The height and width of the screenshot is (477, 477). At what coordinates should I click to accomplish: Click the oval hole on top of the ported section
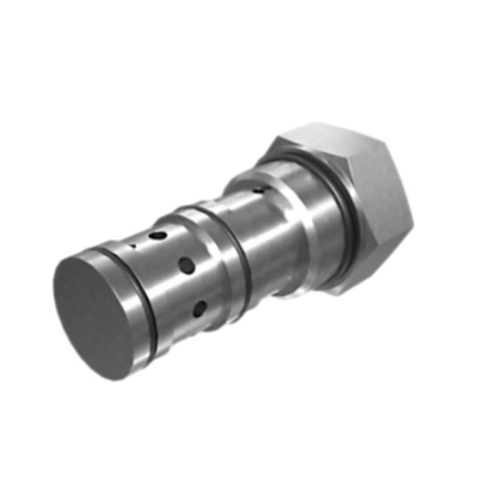157,236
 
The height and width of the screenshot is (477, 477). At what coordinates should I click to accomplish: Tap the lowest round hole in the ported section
200,308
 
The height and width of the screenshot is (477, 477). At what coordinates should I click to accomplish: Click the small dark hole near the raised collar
258,191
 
